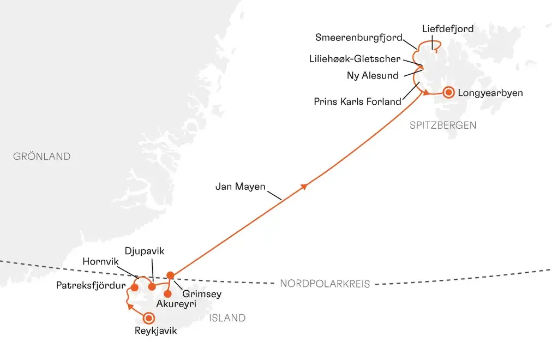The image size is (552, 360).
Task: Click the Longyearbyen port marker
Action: point(449,93)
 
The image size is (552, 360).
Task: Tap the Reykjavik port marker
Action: point(148,318)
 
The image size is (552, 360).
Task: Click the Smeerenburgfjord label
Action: point(359,38)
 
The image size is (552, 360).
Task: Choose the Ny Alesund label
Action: point(373,75)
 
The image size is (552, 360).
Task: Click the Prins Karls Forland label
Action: point(357,101)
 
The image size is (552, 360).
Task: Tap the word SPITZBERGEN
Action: point(443,125)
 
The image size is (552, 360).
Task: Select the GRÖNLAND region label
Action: point(42,157)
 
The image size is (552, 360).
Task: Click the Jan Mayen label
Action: point(241,187)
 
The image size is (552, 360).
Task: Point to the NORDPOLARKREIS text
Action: point(325,284)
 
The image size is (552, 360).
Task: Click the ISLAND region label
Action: point(227,318)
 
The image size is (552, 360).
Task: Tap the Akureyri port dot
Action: point(167,294)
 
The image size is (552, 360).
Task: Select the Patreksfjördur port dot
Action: point(134,287)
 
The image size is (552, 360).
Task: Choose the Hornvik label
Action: point(100,261)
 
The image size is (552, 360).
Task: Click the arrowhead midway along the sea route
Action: point(304,187)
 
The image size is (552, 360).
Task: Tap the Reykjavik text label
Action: point(155,331)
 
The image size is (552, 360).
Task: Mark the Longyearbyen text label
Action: point(490,93)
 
